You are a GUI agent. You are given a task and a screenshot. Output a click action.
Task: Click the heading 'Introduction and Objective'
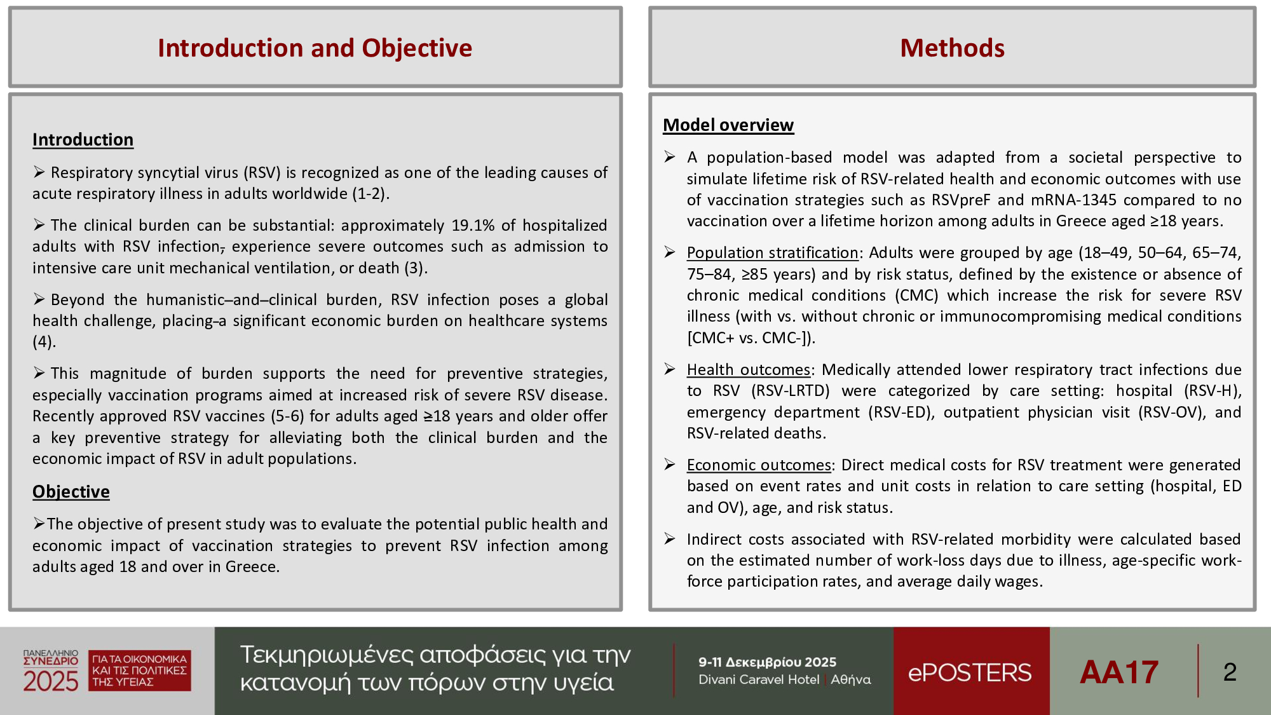(315, 48)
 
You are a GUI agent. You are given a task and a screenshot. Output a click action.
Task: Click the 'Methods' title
(952, 48)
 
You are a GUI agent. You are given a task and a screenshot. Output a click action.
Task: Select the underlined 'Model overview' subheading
(728, 125)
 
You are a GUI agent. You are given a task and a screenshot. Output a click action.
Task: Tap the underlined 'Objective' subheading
(71, 492)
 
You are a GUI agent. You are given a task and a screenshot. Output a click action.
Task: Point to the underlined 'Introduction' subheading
(83, 140)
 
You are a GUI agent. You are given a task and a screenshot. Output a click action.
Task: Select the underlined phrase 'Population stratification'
(772, 253)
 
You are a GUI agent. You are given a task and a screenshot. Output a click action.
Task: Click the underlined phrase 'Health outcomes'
(748, 370)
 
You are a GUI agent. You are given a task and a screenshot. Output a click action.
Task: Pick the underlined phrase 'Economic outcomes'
(758, 465)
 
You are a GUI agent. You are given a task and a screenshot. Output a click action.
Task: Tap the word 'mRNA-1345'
(1073, 200)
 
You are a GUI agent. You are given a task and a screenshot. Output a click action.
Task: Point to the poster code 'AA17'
(1119, 672)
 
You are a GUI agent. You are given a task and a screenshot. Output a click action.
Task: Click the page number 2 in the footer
(1230, 672)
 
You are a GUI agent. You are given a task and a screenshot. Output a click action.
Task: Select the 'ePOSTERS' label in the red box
(970, 672)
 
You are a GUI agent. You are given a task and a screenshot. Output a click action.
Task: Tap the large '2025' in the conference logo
(50, 681)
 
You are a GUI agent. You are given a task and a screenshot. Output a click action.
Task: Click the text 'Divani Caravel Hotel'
(758, 680)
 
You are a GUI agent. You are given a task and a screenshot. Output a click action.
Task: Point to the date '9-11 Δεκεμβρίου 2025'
(767, 662)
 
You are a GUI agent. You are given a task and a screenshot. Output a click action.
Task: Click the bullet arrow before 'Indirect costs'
(669, 539)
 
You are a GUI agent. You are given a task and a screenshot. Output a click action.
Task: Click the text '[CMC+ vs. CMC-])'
(749, 338)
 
